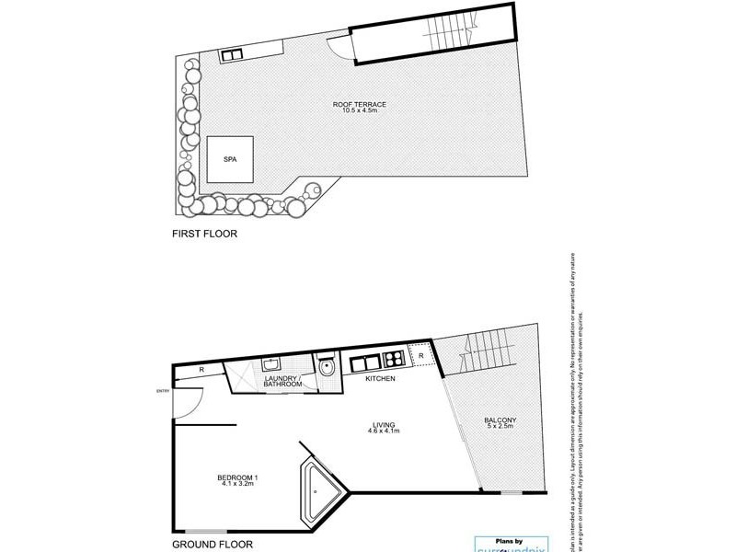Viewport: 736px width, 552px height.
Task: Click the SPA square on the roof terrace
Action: pos(229,158)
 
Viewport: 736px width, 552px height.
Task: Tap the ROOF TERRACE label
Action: pos(359,105)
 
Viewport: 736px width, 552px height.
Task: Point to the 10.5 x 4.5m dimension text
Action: pos(359,114)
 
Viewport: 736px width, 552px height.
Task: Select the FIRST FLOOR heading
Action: pos(204,235)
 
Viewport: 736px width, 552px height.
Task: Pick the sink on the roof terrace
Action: pos(231,55)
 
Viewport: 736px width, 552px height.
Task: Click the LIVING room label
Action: pos(383,423)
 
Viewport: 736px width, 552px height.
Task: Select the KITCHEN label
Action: pos(381,379)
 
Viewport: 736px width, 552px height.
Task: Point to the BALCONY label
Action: pos(500,420)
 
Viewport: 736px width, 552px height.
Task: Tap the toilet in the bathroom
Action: pos(328,366)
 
